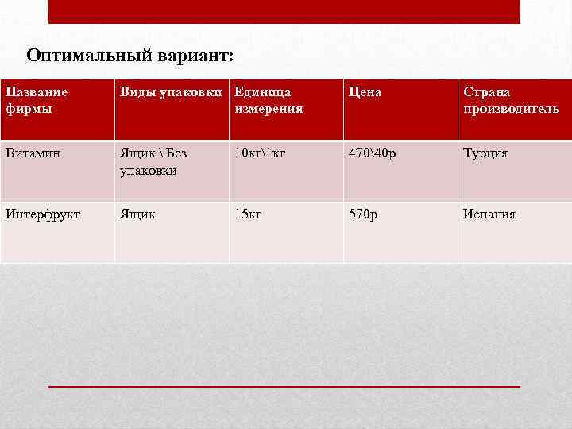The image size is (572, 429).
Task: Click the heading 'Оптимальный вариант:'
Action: point(130,56)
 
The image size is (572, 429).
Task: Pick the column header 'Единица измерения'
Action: point(269,100)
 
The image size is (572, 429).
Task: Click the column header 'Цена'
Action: point(365,92)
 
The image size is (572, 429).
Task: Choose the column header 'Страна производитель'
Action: point(511,100)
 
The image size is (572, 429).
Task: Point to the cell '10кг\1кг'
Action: point(260,153)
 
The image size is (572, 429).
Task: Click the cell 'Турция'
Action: point(485,153)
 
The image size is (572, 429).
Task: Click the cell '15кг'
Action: point(248,214)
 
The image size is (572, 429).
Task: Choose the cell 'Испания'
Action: point(489,214)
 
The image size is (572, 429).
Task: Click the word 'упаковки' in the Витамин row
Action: point(148,170)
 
